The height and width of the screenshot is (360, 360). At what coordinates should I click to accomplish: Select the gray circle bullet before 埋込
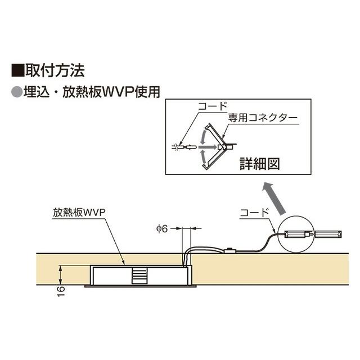click(x=17, y=90)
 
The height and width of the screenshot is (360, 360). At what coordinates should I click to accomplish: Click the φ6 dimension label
click(x=162, y=228)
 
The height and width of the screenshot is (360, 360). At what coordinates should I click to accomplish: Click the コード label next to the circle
click(x=253, y=212)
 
